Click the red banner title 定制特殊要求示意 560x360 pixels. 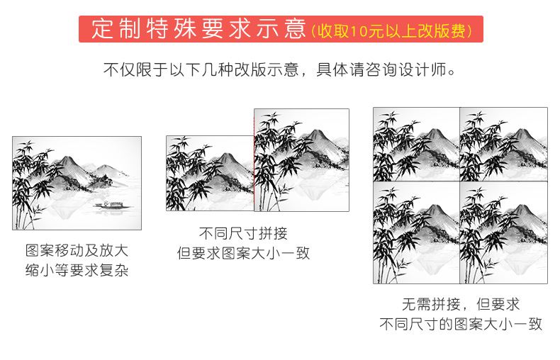point(198,29)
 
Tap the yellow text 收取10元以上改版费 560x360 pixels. point(392,31)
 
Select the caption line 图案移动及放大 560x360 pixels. point(77,250)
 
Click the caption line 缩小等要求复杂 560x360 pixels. point(77,270)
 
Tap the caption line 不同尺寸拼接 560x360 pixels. point(243,233)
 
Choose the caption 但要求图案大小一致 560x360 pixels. point(243,253)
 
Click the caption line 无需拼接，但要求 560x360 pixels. point(461,304)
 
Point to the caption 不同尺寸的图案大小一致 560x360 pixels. point(461,324)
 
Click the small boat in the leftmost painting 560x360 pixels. point(113,206)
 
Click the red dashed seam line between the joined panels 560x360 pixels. point(254,160)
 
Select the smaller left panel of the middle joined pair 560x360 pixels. point(210,173)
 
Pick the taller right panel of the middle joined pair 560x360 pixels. point(301,160)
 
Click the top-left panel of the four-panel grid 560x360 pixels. point(416,145)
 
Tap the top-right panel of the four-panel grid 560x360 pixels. point(503,145)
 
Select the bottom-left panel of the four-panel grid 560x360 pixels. point(416,232)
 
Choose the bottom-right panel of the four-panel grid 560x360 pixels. point(503,232)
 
